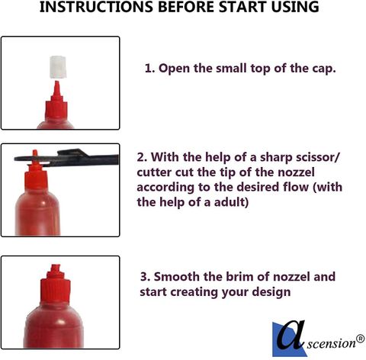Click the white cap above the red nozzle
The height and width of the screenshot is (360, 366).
pos(58,67)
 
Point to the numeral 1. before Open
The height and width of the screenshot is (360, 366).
pos(149,69)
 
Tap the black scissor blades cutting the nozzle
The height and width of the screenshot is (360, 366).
pos(66,158)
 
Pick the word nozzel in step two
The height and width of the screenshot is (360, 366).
pos(296,172)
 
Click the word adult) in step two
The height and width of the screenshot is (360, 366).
pos(231,202)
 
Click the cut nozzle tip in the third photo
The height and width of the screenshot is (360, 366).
pos(56,269)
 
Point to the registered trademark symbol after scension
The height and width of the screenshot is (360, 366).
pos(360,339)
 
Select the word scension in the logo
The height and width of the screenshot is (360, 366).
pos(332,344)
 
